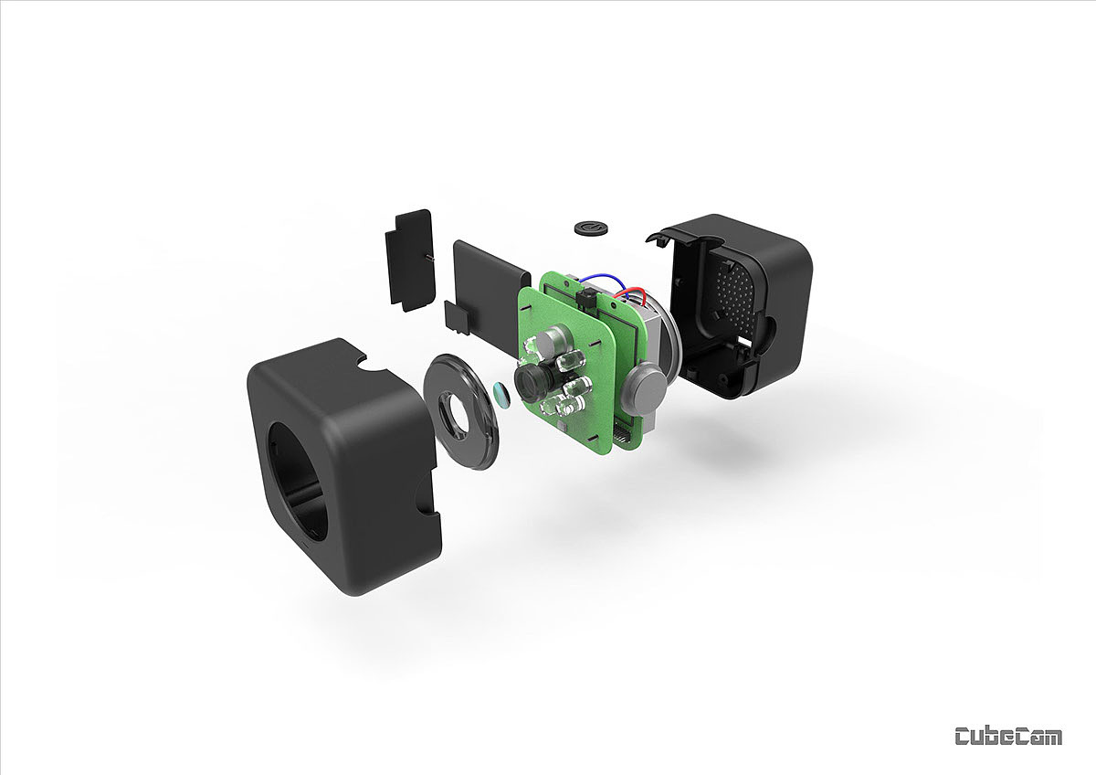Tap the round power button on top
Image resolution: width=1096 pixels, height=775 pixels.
pyautogui.click(x=591, y=228)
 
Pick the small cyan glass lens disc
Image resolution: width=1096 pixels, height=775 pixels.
pyautogui.click(x=501, y=395)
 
